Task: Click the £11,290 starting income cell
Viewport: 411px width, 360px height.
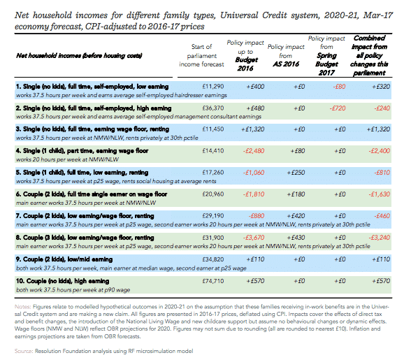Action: pos(212,87)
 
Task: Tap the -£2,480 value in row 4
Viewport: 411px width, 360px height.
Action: pos(254,151)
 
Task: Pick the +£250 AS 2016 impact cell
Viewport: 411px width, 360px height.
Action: pos(296,173)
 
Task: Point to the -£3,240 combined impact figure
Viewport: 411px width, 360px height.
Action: pos(380,238)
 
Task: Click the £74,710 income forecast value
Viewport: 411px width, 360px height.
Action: pos(212,281)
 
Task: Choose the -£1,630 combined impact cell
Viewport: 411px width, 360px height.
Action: pos(380,194)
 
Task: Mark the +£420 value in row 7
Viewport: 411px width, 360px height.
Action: pos(296,216)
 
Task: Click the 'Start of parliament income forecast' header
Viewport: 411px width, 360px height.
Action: pos(201,56)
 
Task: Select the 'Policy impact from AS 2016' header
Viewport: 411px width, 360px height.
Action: pos(286,56)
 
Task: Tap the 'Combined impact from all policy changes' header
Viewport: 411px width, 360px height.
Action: pos(369,56)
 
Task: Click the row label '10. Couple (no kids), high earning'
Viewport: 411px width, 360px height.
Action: pos(62,281)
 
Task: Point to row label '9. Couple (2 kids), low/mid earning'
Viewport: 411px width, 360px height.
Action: pos(64,259)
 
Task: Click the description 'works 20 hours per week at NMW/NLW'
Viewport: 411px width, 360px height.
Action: pos(67,159)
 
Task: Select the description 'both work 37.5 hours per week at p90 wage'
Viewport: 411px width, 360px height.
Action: pos(73,290)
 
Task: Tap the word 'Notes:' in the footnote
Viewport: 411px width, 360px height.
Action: pos(23,307)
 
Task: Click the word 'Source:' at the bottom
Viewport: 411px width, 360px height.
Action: pos(24,351)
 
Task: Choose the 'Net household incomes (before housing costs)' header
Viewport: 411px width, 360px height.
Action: pos(79,56)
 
